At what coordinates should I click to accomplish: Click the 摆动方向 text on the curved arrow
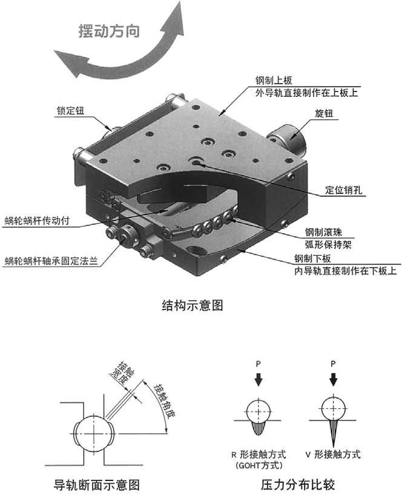pos(109,31)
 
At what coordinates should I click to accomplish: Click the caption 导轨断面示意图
pos(97,485)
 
